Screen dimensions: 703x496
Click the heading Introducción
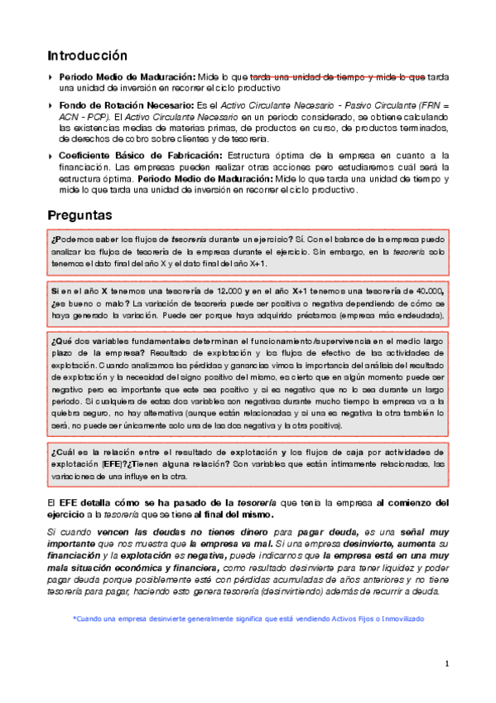(87, 56)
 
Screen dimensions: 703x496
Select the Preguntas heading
(79, 215)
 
